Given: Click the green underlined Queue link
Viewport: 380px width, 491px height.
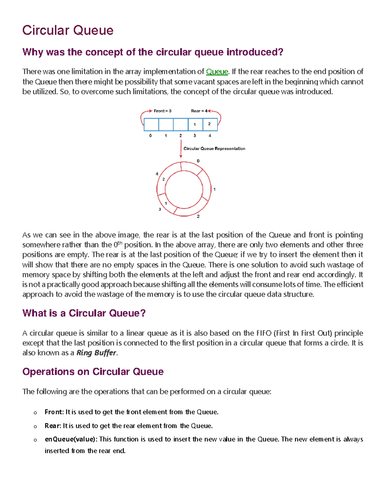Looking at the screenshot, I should coord(217,72).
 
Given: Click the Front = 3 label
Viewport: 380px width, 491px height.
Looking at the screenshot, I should coord(162,111).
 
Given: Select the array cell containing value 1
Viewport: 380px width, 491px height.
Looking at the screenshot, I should coord(195,124).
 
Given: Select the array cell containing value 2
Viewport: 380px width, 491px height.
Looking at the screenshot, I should coord(210,124).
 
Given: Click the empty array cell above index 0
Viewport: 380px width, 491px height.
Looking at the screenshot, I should coord(151,124).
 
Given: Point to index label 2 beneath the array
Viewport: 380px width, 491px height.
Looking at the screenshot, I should coord(180,136).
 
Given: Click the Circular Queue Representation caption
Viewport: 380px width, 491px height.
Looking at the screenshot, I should coord(214,149).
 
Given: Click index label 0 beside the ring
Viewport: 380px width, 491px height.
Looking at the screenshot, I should coord(198,161).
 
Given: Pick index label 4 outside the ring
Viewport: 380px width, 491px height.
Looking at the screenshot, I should coord(157,174).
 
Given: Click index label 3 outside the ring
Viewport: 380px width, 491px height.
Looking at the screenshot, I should coord(160,209).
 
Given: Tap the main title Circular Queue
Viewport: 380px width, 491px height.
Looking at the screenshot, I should coord(68,30).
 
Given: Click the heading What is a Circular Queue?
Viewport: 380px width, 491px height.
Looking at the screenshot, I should coord(84,313).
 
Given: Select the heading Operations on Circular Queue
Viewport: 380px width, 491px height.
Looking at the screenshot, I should coord(93,371).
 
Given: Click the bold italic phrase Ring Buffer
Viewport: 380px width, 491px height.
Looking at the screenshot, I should coord(96,353).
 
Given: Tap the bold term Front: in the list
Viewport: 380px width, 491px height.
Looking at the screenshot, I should coord(54,412).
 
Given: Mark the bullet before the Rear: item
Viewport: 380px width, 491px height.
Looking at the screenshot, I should coord(35,427).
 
